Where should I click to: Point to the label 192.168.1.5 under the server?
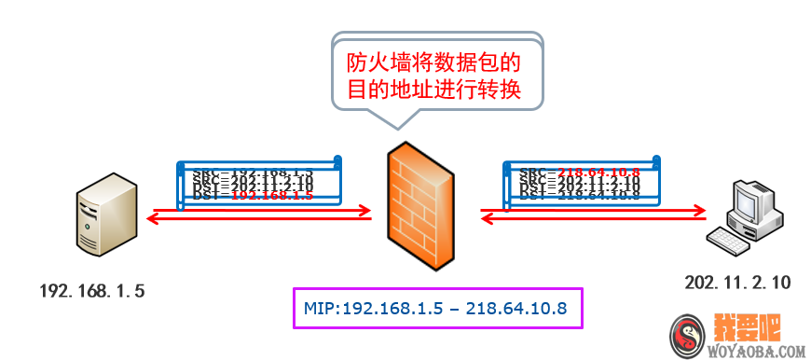click(92, 291)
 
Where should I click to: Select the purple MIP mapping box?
click(437, 308)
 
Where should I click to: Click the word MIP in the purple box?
click(322, 308)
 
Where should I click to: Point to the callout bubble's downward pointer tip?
click(395, 127)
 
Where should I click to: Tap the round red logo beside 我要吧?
click(687, 335)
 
